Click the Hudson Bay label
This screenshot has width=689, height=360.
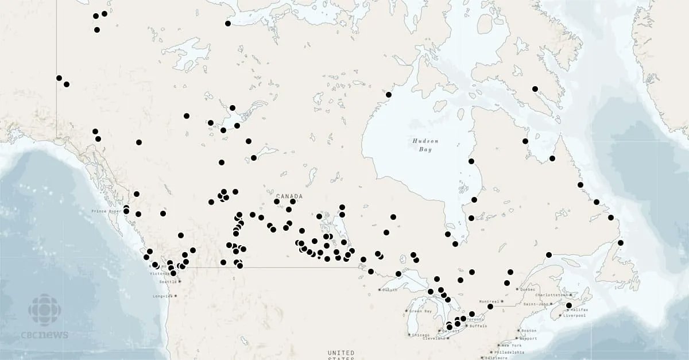(425, 145)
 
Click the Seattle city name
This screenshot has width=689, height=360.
(168, 281)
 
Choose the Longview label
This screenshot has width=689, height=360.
(162, 296)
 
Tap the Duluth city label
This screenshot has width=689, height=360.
(389, 290)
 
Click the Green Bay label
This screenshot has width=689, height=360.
(420, 311)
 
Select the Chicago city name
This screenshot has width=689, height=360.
(420, 335)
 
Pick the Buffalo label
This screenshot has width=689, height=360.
(478, 326)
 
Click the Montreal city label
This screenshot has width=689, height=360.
(489, 301)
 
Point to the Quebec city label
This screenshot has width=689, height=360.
(529, 289)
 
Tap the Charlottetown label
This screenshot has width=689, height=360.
(551, 295)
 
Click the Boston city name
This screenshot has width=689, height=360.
(529, 330)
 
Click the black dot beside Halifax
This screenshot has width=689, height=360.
(569, 305)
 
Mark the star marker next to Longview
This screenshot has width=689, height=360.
(176, 296)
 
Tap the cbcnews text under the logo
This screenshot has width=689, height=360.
(48, 335)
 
